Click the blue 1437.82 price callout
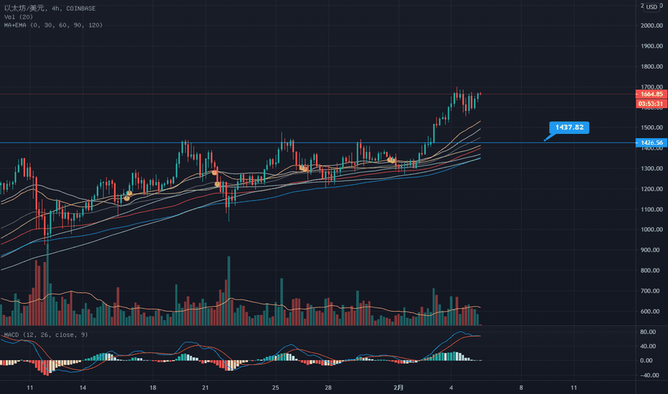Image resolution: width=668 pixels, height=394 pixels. tap(568, 128)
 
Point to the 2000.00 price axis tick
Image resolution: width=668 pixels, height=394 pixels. tap(652, 26)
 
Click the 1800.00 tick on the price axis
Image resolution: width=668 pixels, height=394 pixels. tap(652, 67)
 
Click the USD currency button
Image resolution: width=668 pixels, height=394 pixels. tap(651, 7)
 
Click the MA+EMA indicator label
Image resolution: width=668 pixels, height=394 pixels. tap(53, 25)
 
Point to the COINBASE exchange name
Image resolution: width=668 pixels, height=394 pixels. tap(82, 6)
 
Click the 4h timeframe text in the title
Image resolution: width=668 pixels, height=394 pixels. tap(54, 6)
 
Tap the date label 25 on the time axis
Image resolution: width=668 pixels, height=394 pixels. tap(275, 387)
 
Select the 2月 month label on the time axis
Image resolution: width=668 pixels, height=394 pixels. tap(399, 387)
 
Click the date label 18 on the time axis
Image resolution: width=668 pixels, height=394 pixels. tap(152, 387)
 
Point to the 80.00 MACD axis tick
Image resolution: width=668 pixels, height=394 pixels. tap(649, 332)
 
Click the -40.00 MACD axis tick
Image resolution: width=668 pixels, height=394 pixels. tap(649, 374)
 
